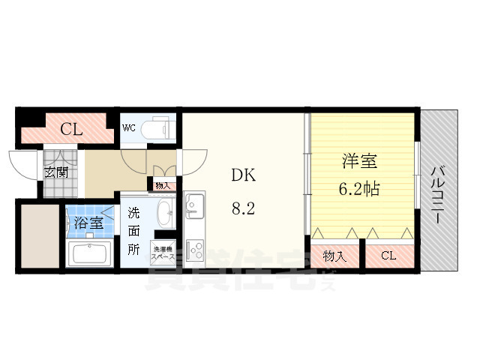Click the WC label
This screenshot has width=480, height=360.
[128, 127]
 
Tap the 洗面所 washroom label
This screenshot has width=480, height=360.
[133, 230]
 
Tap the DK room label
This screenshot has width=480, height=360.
[243, 175]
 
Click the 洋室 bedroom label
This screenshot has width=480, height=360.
[359, 160]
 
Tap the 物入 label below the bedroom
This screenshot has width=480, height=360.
[334, 256]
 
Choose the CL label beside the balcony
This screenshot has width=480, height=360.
[388, 256]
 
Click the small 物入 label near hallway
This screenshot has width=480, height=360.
[163, 185]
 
